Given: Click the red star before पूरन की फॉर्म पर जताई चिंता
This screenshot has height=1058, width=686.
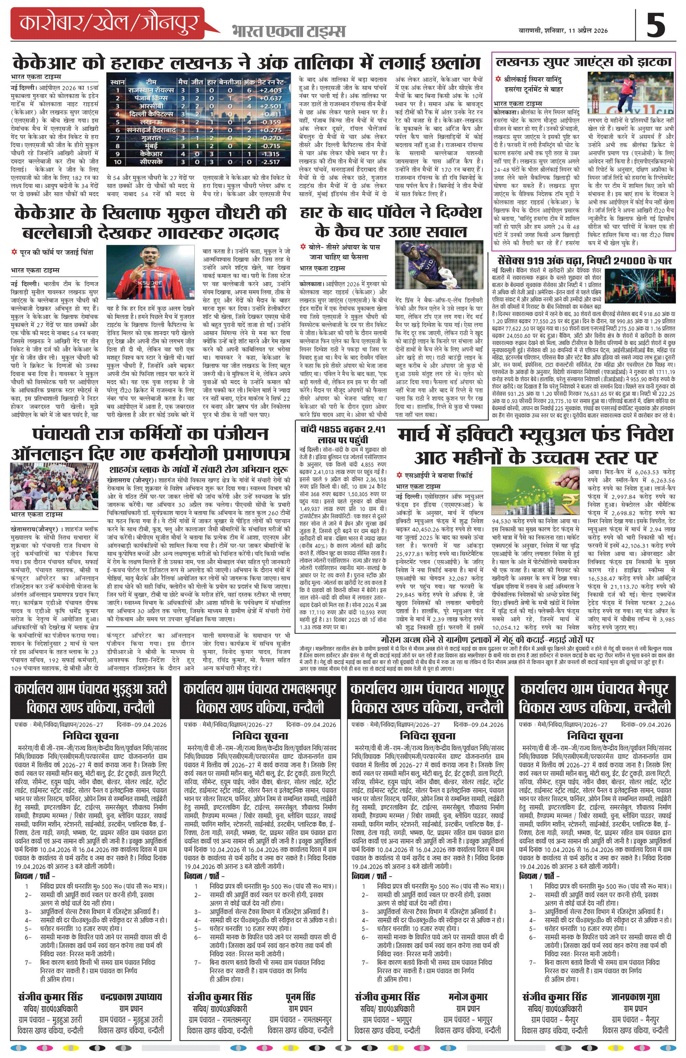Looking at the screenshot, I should coord(14,253).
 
